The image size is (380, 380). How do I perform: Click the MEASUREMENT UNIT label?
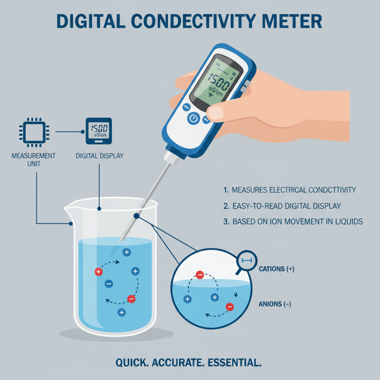(33, 160)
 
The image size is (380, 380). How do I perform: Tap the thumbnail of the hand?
(220, 113)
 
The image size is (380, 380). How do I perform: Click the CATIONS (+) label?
(276, 269)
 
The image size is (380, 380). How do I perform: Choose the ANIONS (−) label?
(275, 304)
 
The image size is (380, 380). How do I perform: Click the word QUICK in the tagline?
(132, 363)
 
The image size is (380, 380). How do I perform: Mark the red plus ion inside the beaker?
(99, 272)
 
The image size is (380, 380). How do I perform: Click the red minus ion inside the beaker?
(132, 299)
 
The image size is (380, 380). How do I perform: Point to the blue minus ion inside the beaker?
(109, 284)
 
